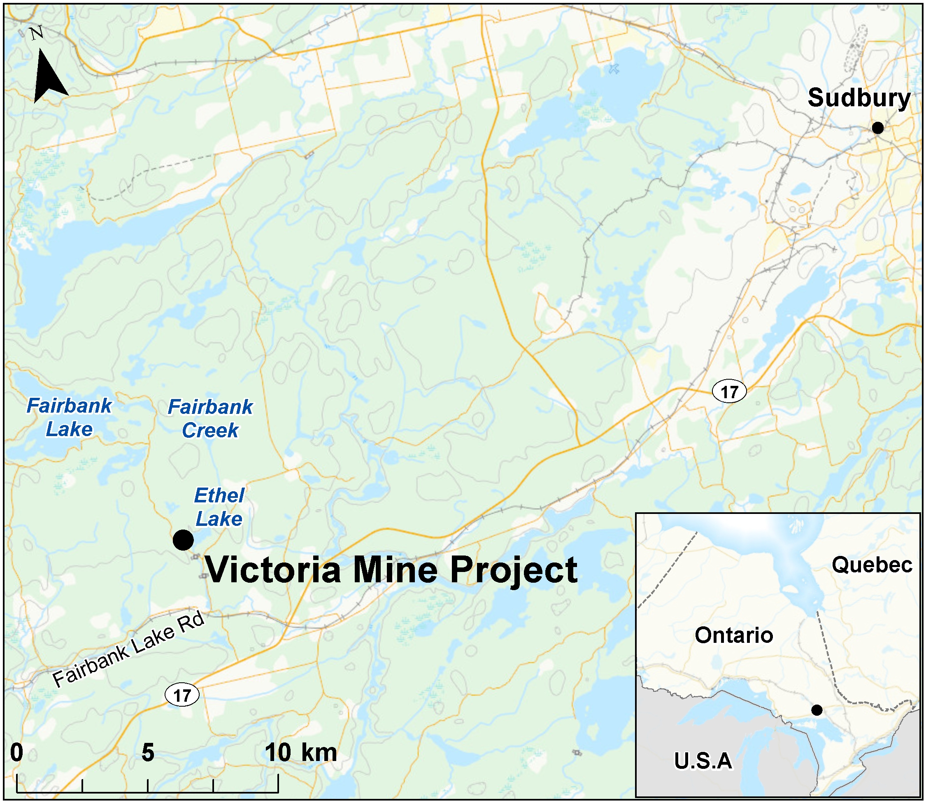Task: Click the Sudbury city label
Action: tap(859, 98)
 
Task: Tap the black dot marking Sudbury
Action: tap(877, 128)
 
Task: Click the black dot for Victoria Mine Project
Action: tap(183, 539)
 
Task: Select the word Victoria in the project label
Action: tap(273, 570)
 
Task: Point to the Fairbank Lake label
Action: tap(70, 418)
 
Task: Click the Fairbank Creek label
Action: tap(210, 418)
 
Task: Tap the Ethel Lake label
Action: tap(219, 507)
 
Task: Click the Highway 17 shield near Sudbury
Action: tap(729, 392)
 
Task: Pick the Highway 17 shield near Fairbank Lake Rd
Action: tap(182, 696)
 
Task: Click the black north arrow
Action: tap(49, 76)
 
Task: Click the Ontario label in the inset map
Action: tap(734, 635)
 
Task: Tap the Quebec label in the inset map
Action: tap(872, 565)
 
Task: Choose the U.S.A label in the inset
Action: tap(703, 761)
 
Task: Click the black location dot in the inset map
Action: tap(817, 710)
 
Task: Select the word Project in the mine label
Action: tap(514, 570)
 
